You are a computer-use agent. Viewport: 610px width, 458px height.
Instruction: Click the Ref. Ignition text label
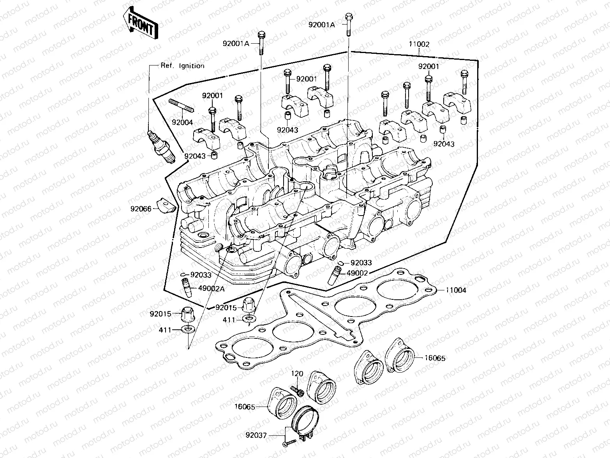[182, 66]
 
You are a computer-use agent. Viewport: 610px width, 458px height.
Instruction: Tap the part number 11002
[419, 44]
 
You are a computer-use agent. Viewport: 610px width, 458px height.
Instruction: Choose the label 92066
[141, 209]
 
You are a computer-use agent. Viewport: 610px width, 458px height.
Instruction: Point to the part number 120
[297, 374]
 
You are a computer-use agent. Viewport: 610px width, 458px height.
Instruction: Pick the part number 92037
[256, 435]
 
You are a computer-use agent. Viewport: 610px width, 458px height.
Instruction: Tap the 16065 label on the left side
[245, 407]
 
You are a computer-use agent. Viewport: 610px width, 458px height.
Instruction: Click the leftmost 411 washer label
[165, 330]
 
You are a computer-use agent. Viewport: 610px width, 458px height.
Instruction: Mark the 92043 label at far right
[444, 144]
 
